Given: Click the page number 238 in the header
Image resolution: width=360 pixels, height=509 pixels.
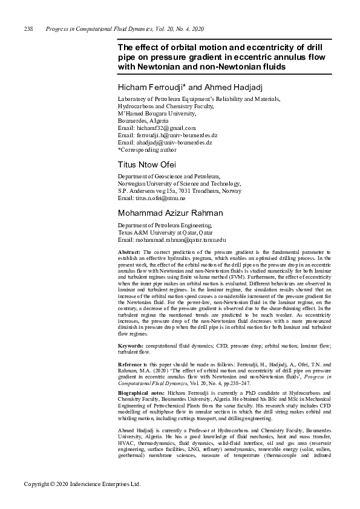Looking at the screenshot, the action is coord(28,29).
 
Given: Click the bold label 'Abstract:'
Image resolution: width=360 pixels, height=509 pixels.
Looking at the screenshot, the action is coord(129,251).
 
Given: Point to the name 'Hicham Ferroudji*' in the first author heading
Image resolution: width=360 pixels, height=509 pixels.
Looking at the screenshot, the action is coord(145,89).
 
